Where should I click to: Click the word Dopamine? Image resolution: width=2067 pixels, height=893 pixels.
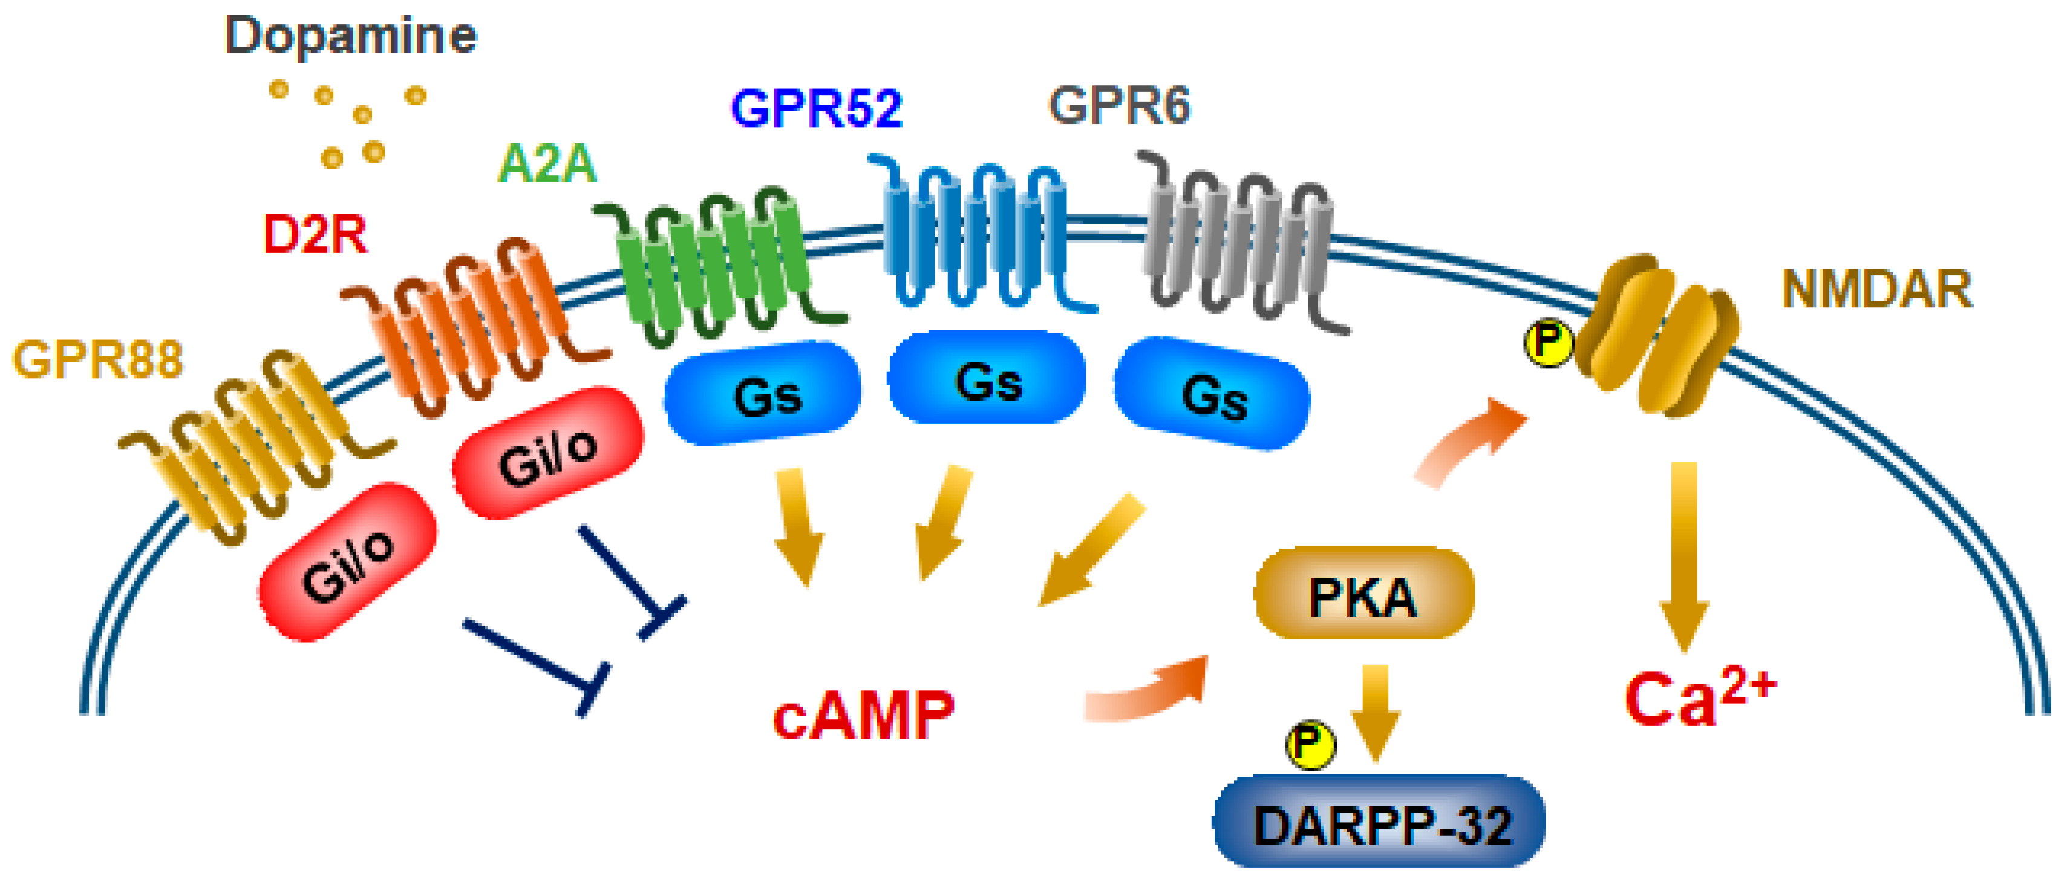(351, 36)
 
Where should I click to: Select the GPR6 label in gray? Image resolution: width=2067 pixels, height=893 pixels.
(1118, 106)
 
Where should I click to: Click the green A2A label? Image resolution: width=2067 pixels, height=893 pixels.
(547, 165)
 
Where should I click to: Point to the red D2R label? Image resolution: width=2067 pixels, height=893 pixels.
(315, 235)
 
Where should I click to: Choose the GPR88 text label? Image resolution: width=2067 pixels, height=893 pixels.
(98, 359)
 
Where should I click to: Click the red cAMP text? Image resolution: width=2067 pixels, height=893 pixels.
(863, 715)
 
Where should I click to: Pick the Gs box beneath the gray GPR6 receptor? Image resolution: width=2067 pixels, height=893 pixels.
(1212, 393)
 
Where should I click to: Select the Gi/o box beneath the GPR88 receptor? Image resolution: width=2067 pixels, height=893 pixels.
(347, 561)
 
